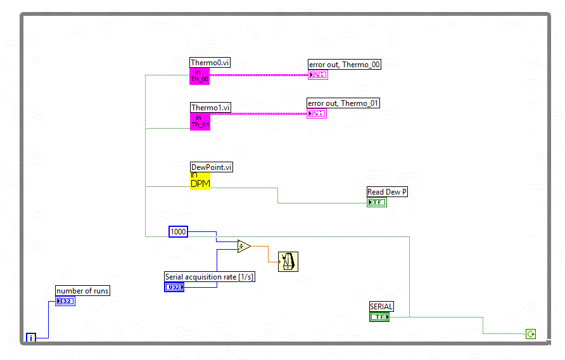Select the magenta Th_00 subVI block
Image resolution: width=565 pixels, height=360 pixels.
(200, 76)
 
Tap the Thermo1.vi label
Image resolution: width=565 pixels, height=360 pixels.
(210, 108)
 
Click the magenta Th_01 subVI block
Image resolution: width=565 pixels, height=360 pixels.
(200, 121)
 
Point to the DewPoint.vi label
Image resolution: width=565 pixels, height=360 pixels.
(212, 167)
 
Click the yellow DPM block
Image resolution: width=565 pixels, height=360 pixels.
(200, 180)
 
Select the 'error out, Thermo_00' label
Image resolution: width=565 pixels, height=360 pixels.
(345, 64)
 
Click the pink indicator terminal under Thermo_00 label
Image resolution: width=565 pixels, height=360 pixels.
(317, 75)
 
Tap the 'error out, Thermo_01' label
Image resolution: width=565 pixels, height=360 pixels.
(343, 103)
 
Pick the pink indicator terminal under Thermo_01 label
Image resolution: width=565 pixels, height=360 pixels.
(317, 113)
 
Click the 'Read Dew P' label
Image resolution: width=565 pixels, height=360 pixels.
(387, 191)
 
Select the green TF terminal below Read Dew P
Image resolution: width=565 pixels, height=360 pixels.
(377, 202)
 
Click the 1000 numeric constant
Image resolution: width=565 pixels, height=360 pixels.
(179, 232)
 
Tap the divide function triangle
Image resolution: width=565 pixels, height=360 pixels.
(244, 246)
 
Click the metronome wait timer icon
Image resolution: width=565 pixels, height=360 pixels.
(288, 261)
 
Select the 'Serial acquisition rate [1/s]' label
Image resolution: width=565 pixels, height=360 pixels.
(210, 276)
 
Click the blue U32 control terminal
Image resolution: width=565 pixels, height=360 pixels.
(174, 287)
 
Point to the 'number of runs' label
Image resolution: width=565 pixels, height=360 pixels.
(82, 291)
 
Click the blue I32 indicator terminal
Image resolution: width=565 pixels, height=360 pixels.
(65, 301)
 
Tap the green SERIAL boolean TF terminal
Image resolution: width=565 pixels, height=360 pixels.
(379, 316)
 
